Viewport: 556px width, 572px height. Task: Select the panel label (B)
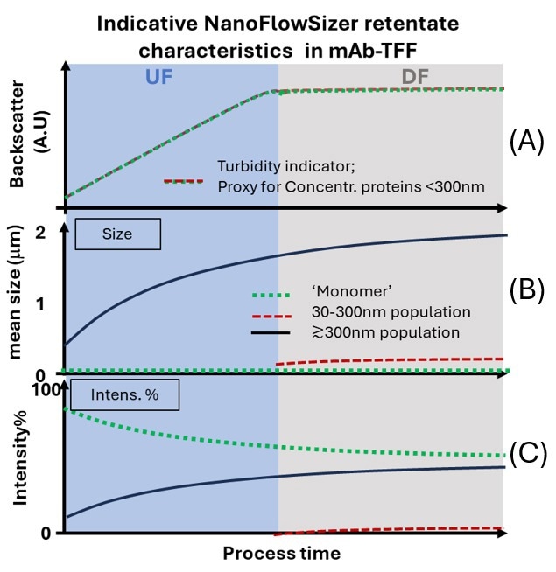(x=527, y=290)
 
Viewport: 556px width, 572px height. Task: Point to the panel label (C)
(x=527, y=454)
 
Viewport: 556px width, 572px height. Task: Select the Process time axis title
(x=281, y=553)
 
